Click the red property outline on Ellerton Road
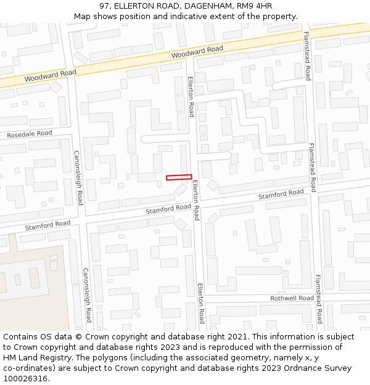click(179, 177)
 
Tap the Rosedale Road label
click(30, 134)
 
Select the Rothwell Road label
click(292, 298)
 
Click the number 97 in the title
click(104, 6)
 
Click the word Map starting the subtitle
click(83, 16)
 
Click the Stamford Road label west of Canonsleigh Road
click(48, 225)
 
